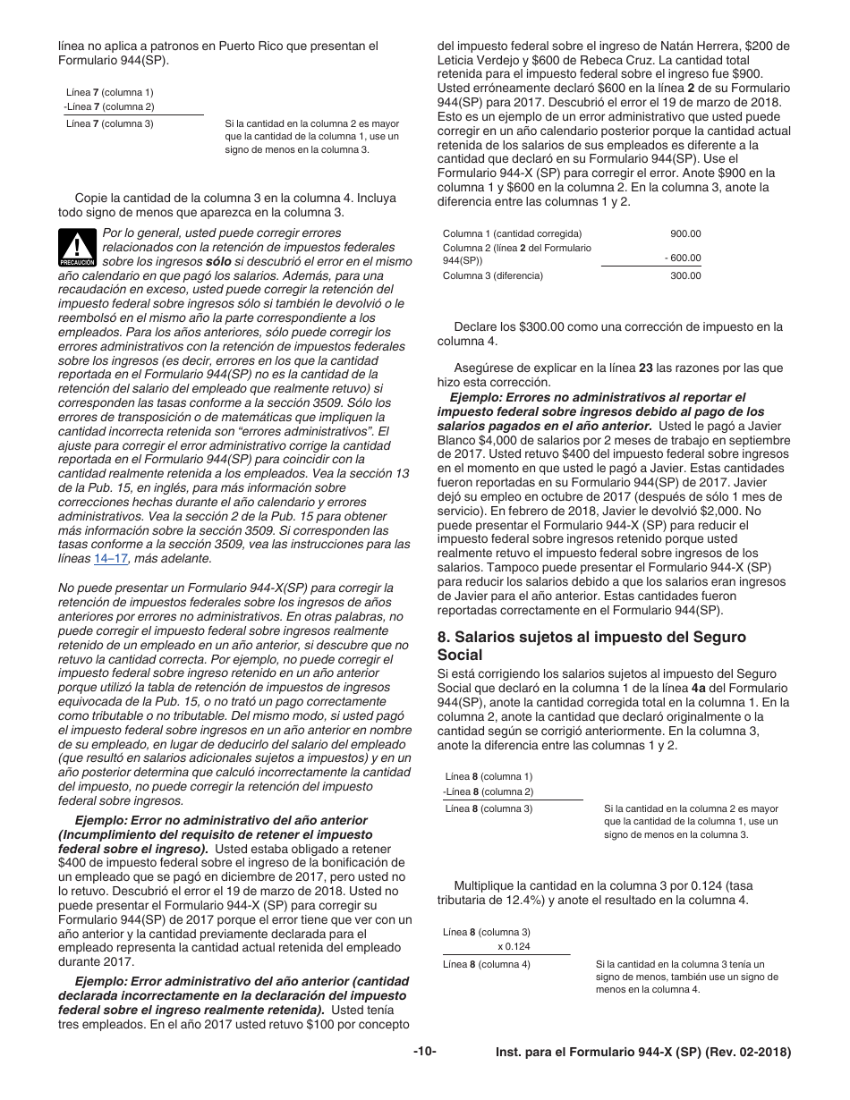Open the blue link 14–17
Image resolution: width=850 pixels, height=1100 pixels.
coord(108,558)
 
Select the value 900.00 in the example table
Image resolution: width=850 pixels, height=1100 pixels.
coord(685,233)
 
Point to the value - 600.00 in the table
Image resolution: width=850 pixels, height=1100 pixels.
coord(683,258)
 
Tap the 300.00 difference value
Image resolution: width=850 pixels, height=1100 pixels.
coord(685,275)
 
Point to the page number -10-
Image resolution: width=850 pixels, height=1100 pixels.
coord(425,1053)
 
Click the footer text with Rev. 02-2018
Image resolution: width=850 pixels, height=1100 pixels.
coord(643,1053)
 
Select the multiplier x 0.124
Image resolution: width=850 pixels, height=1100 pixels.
coord(514,946)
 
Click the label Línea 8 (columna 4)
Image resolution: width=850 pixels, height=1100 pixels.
coord(486,964)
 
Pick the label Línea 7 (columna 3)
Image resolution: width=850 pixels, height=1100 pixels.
coord(109,123)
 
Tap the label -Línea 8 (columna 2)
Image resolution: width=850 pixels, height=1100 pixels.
coord(487,791)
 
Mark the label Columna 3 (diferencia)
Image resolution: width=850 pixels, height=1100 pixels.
coord(492,275)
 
